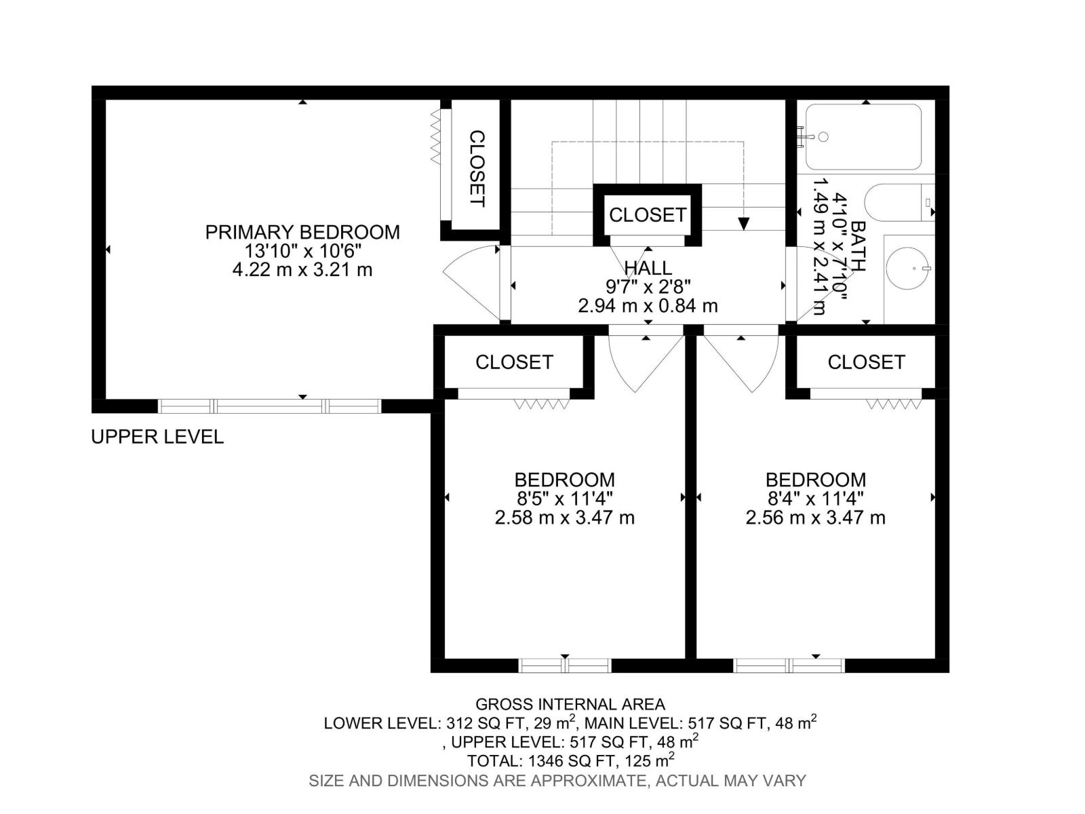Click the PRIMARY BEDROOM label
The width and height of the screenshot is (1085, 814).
click(302, 232)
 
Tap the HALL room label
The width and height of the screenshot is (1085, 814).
click(648, 267)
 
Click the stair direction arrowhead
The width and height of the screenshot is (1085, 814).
click(744, 224)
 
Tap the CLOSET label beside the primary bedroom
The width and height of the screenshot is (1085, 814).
click(477, 169)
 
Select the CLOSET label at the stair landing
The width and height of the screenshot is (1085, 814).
click(648, 215)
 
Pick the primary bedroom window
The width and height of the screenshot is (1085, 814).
click(270, 406)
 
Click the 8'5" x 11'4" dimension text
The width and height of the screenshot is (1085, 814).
click(564, 499)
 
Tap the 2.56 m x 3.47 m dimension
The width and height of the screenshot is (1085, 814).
click(815, 518)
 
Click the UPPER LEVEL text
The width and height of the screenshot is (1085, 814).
click(157, 437)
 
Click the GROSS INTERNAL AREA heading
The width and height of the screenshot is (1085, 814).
click(570, 704)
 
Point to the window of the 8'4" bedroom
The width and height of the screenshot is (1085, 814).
click(789, 665)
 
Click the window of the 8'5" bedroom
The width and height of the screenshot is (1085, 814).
click(565, 665)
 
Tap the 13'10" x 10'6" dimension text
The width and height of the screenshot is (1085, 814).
click(302, 251)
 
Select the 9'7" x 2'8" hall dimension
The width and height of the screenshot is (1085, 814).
click(648, 286)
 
